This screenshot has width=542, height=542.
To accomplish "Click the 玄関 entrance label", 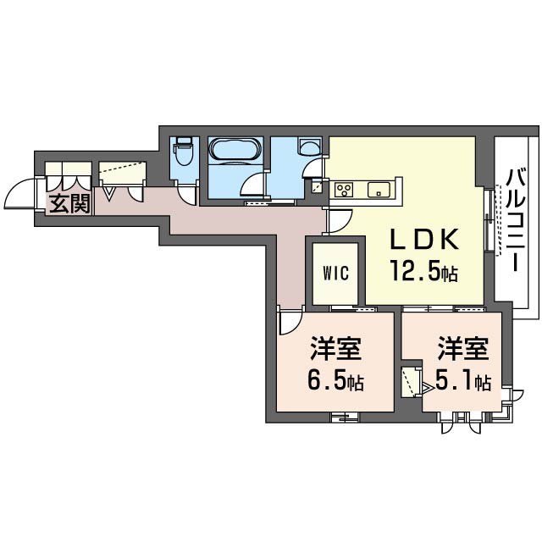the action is (x=69, y=203).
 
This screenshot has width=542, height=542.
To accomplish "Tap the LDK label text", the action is (x=425, y=239).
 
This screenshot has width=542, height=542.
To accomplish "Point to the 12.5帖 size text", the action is (x=424, y=271).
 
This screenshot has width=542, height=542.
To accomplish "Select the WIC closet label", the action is (x=335, y=273).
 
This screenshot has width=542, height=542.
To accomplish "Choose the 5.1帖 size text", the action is (x=463, y=381).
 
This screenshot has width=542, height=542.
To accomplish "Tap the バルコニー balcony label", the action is (x=517, y=220).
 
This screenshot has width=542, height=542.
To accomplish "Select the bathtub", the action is (x=235, y=149).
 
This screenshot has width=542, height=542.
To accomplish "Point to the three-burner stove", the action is (x=344, y=190).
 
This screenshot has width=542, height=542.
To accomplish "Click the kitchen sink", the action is (x=379, y=190).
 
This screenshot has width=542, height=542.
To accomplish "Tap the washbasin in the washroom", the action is (x=309, y=147).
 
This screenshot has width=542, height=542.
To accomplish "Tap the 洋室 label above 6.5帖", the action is (x=335, y=348).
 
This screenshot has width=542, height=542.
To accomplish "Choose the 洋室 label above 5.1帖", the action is (x=463, y=348).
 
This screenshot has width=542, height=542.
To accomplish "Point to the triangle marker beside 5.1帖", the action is (x=427, y=389).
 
